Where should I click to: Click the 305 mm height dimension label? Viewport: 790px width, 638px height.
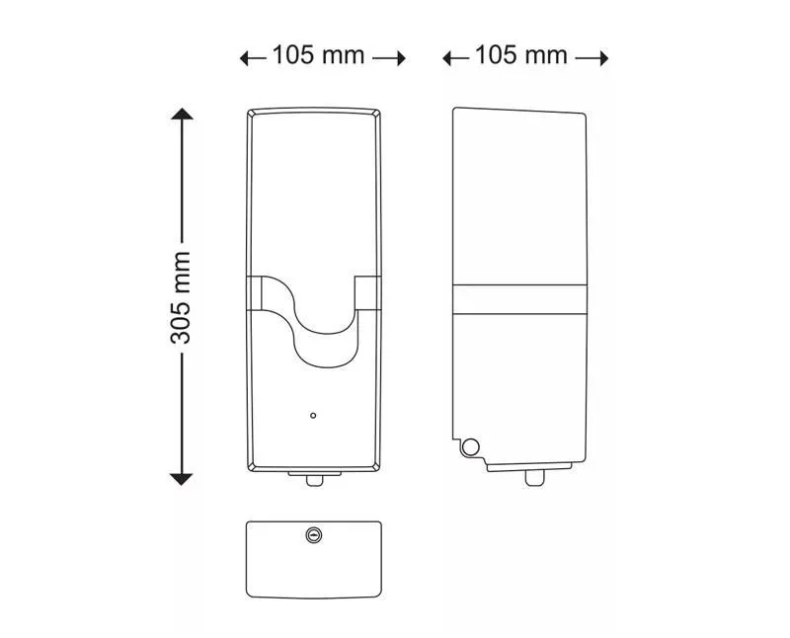pyautogui.click(x=181, y=297)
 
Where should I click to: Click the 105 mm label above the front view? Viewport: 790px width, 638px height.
pyautogui.click(x=318, y=55)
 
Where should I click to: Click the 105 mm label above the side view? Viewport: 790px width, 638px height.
pyautogui.click(x=521, y=55)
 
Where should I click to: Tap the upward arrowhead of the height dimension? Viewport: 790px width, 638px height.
pyautogui.click(x=182, y=114)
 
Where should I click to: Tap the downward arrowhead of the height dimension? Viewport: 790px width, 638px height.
pyautogui.click(x=182, y=479)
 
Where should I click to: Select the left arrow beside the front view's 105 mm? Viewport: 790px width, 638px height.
pyautogui.click(x=253, y=58)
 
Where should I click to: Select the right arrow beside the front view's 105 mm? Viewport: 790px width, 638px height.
pyautogui.click(x=389, y=58)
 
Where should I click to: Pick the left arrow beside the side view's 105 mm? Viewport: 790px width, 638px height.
pyautogui.click(x=455, y=58)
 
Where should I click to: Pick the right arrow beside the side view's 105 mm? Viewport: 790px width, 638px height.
pyautogui.click(x=592, y=58)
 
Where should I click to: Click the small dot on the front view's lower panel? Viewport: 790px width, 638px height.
pyautogui.click(x=313, y=415)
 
